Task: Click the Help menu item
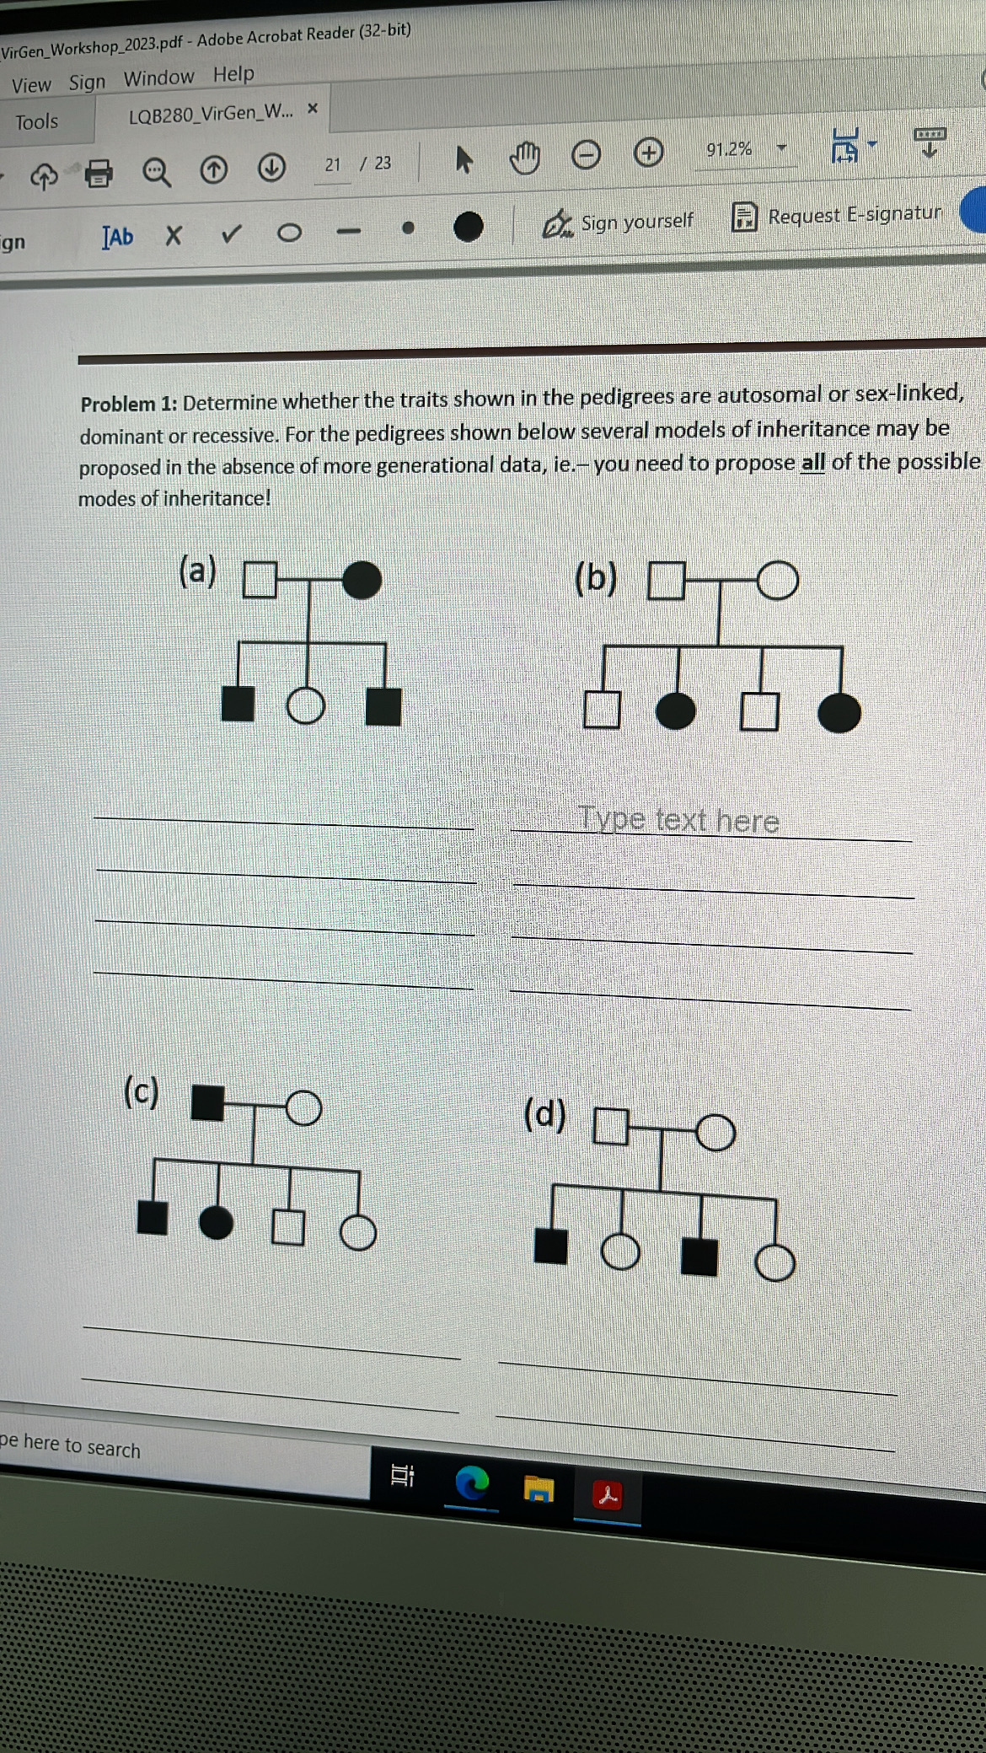[x=233, y=75]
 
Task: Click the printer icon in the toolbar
[x=99, y=173]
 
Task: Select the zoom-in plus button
[x=648, y=153]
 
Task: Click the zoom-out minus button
[x=586, y=155]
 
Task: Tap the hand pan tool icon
[x=525, y=158]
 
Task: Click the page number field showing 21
[x=333, y=164]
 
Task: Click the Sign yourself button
[x=619, y=222]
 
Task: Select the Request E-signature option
[x=838, y=216]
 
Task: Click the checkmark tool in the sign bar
[x=231, y=233]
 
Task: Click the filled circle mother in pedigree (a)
[x=362, y=580]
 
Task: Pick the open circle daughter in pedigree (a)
[x=305, y=705]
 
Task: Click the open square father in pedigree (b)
[x=666, y=581]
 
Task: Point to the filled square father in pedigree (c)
[x=207, y=1102]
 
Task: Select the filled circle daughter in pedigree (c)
[x=217, y=1221]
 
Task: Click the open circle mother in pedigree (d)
[x=715, y=1132]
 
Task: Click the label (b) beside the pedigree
[x=596, y=579]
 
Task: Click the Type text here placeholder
[x=678, y=819]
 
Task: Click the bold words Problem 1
[x=129, y=405]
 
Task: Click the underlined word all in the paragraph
[x=812, y=463]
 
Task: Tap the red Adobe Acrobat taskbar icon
[x=607, y=1496]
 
